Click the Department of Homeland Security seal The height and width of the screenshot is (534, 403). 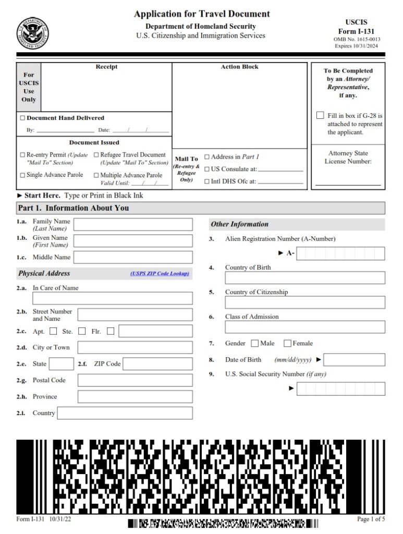click(x=32, y=33)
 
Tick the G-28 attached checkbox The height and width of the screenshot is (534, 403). click(x=320, y=115)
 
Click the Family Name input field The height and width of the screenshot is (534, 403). click(x=133, y=225)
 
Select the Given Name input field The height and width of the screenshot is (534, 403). click(x=133, y=241)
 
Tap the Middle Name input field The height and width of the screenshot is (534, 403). click(x=133, y=257)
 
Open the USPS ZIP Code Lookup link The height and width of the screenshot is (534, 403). click(x=160, y=273)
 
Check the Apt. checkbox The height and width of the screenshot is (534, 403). click(x=53, y=331)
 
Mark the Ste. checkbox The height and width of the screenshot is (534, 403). click(x=82, y=331)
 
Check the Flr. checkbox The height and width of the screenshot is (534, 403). click(x=110, y=331)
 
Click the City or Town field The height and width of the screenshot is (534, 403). click(x=135, y=347)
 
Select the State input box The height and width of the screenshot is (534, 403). click(x=61, y=364)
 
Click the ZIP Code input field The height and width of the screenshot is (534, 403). click(x=157, y=364)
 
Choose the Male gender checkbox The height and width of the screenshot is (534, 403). click(x=254, y=343)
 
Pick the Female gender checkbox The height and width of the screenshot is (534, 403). click(x=287, y=343)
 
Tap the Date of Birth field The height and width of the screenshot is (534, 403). click(x=355, y=360)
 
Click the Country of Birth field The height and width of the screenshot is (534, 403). click(x=305, y=277)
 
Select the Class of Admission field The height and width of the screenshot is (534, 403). click(x=305, y=327)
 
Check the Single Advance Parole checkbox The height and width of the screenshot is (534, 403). click(x=22, y=175)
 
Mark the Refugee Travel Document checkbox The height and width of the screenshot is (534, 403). click(x=96, y=155)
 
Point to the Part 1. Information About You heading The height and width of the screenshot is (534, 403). click(x=74, y=208)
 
